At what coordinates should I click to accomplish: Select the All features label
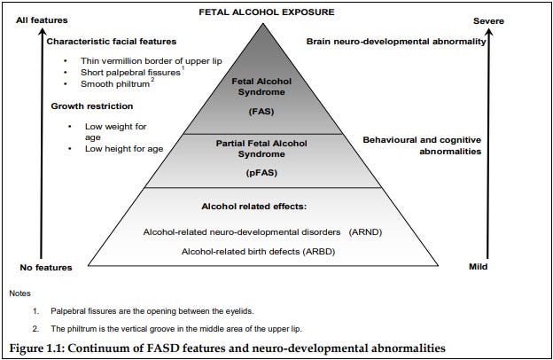click(41, 20)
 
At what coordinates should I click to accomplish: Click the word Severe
click(489, 20)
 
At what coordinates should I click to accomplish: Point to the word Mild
click(479, 267)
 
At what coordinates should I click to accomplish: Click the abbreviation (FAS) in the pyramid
click(261, 111)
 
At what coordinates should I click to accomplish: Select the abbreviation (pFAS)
click(261, 174)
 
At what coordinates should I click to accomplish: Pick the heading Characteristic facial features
click(111, 41)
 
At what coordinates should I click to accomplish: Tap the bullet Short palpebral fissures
click(126, 72)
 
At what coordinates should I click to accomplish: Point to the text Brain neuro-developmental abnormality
click(395, 41)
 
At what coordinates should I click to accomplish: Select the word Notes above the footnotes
click(19, 293)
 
